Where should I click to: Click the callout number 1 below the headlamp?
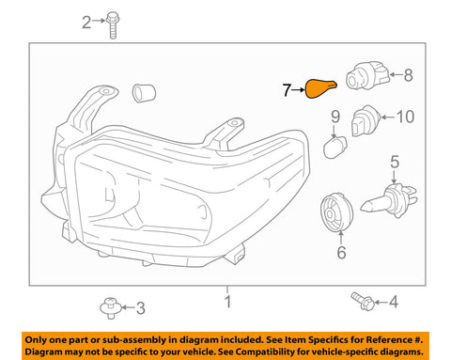point(226,303)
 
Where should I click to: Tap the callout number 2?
point(88,22)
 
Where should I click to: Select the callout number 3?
point(141,307)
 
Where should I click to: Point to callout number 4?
point(394,301)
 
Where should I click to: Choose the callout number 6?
point(341,251)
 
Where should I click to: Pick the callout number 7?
point(288,90)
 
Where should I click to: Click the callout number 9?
point(334,117)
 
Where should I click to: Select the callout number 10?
point(405,117)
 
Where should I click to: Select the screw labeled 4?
point(361,300)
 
